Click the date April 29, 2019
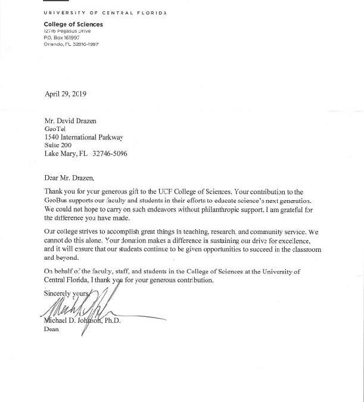(x=66, y=94)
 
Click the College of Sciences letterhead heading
(x=73, y=24)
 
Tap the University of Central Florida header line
(x=105, y=13)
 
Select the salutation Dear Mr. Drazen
(x=69, y=177)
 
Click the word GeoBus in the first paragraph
(x=56, y=201)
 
